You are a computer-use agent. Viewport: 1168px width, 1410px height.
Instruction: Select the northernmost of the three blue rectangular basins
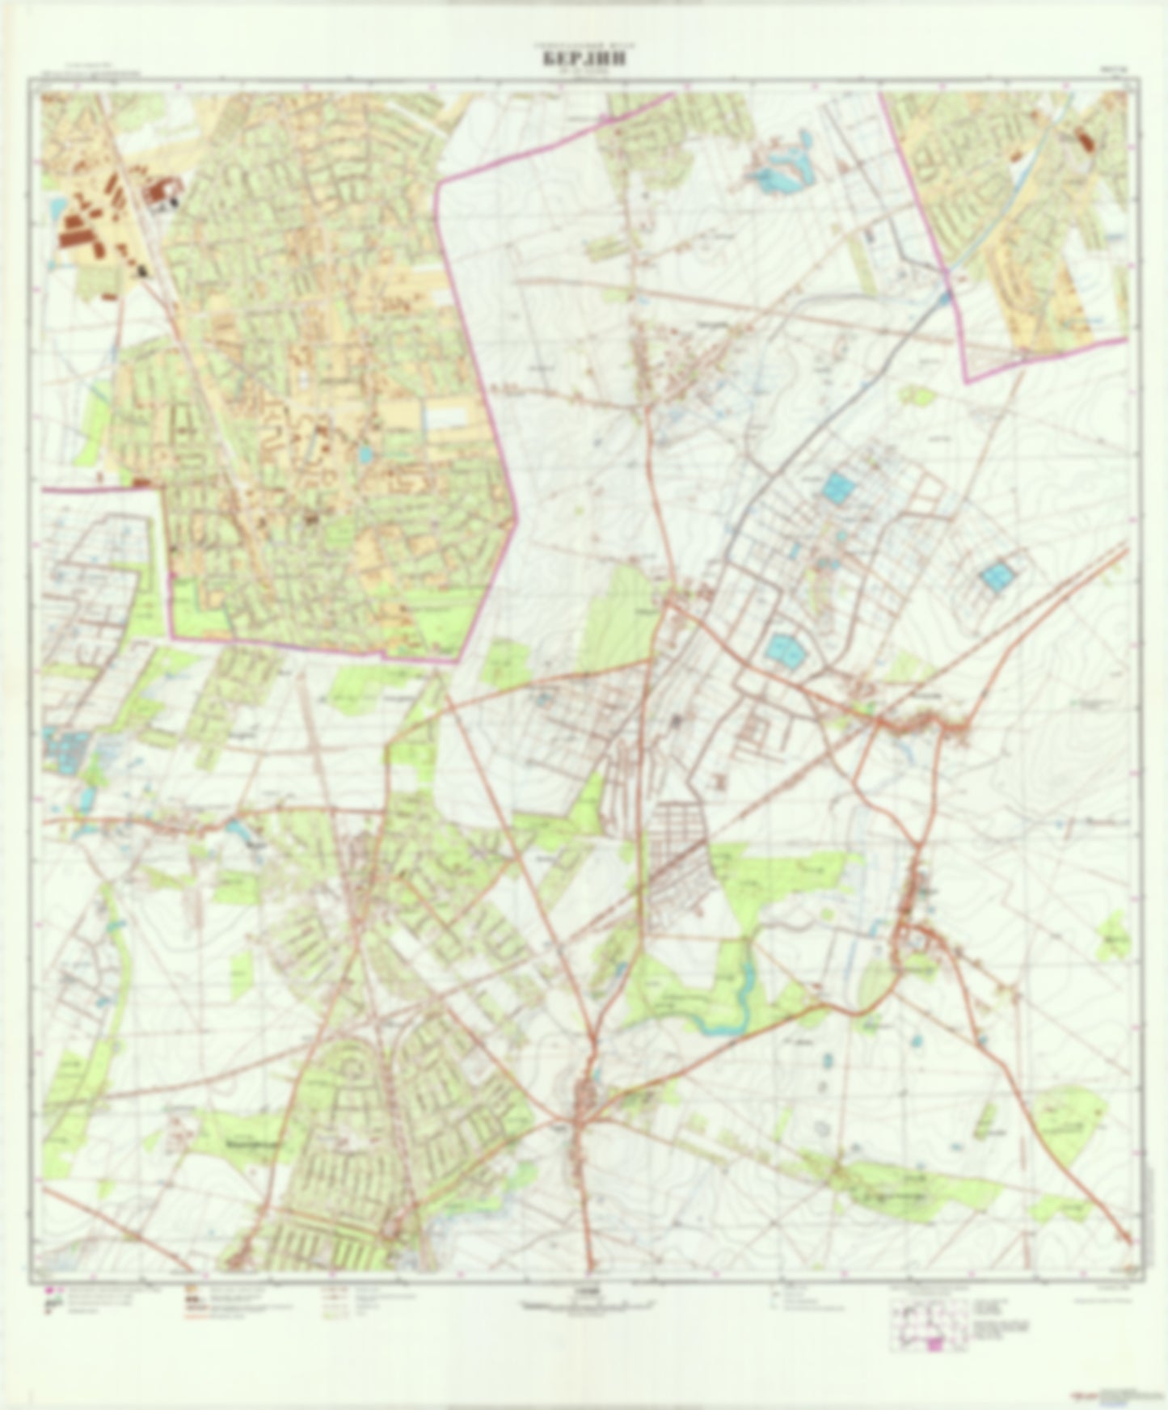point(837,487)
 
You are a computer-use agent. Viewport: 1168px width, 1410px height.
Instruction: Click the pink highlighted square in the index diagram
point(936,1344)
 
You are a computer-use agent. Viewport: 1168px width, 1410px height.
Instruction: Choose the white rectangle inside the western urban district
point(447,418)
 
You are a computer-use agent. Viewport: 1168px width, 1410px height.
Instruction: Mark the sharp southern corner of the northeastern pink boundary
point(967,379)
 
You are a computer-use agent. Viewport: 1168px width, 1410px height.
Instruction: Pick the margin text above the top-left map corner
point(89,71)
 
